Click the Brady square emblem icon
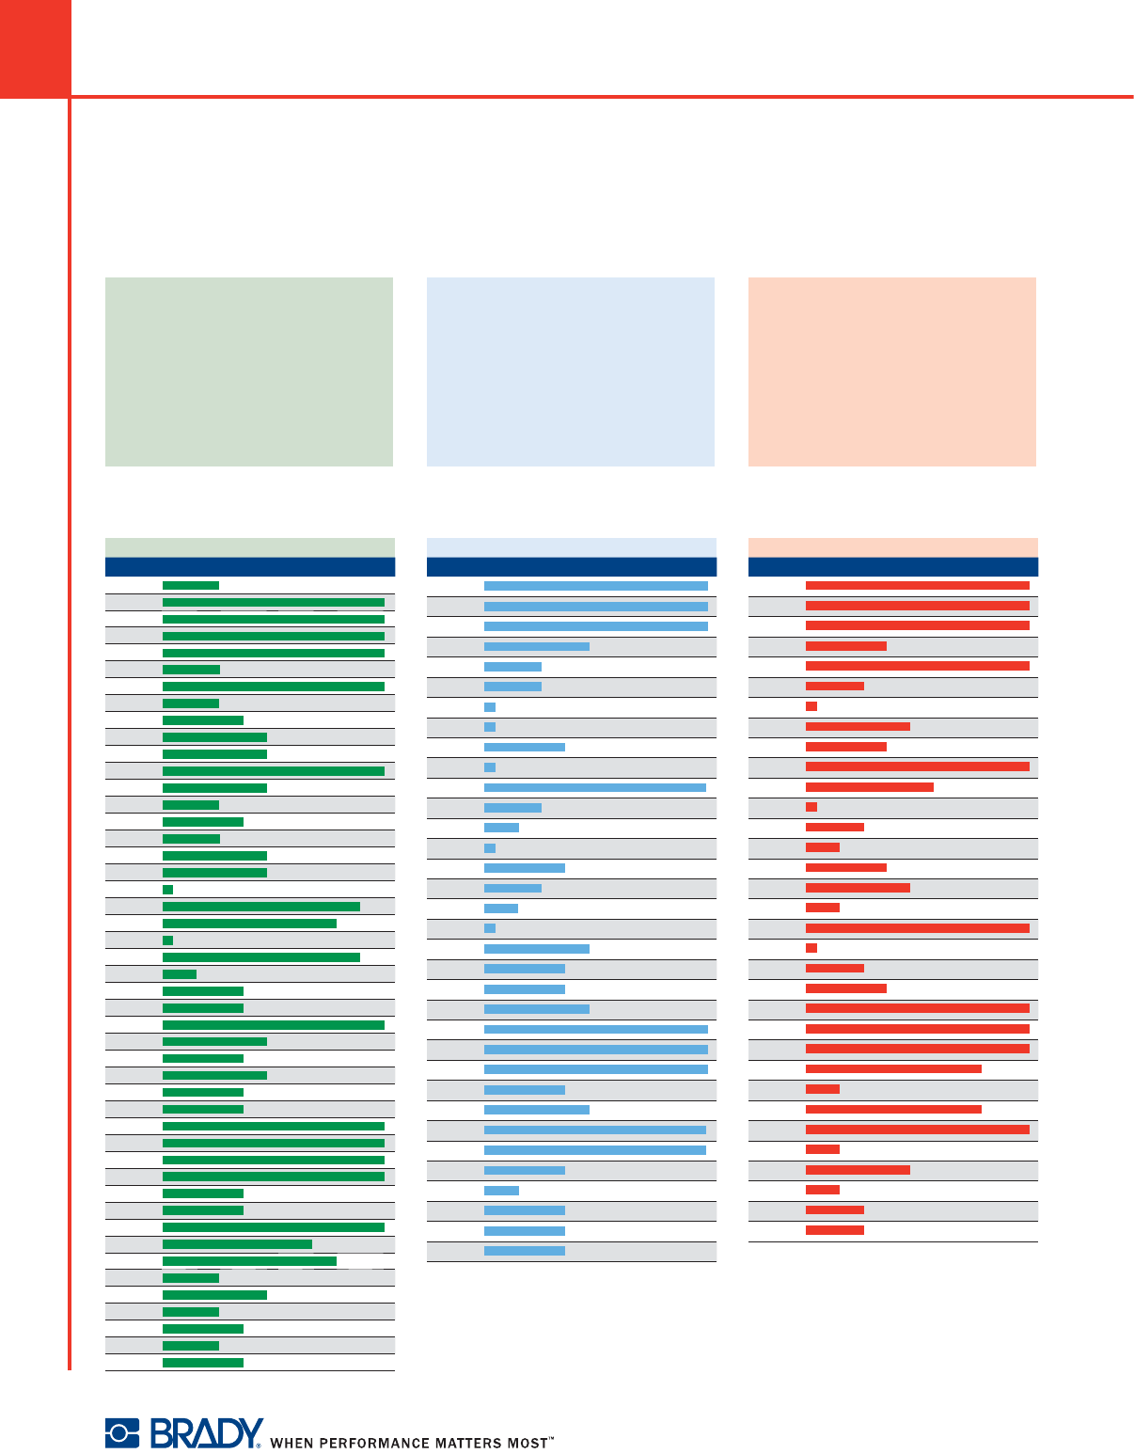pyautogui.click(x=121, y=1432)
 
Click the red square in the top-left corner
pyautogui.click(x=35, y=48)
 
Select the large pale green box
pyautogui.click(x=249, y=371)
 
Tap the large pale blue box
pyautogui.click(x=571, y=371)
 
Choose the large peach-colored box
pyautogui.click(x=892, y=371)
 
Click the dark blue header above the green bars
pyautogui.click(x=250, y=566)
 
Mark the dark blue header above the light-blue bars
pyautogui.click(x=572, y=566)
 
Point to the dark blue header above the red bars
pyautogui.click(x=893, y=566)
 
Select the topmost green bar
pyautogui.click(x=191, y=585)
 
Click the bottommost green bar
pyautogui.click(x=203, y=1362)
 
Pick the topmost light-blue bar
pyautogui.click(x=596, y=586)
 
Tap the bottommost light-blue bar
pyautogui.click(x=525, y=1251)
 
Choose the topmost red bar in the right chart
pyautogui.click(x=918, y=585)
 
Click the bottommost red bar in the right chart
pyautogui.click(x=835, y=1230)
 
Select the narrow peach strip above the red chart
pyautogui.click(x=893, y=546)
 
